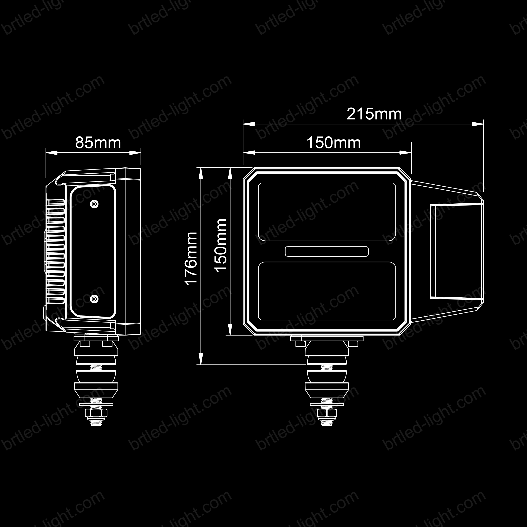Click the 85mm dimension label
[x=98, y=143]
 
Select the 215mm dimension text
[x=374, y=114]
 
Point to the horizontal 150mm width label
[x=334, y=143]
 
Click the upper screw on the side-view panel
[x=94, y=204]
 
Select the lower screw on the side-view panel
[x=94, y=299]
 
